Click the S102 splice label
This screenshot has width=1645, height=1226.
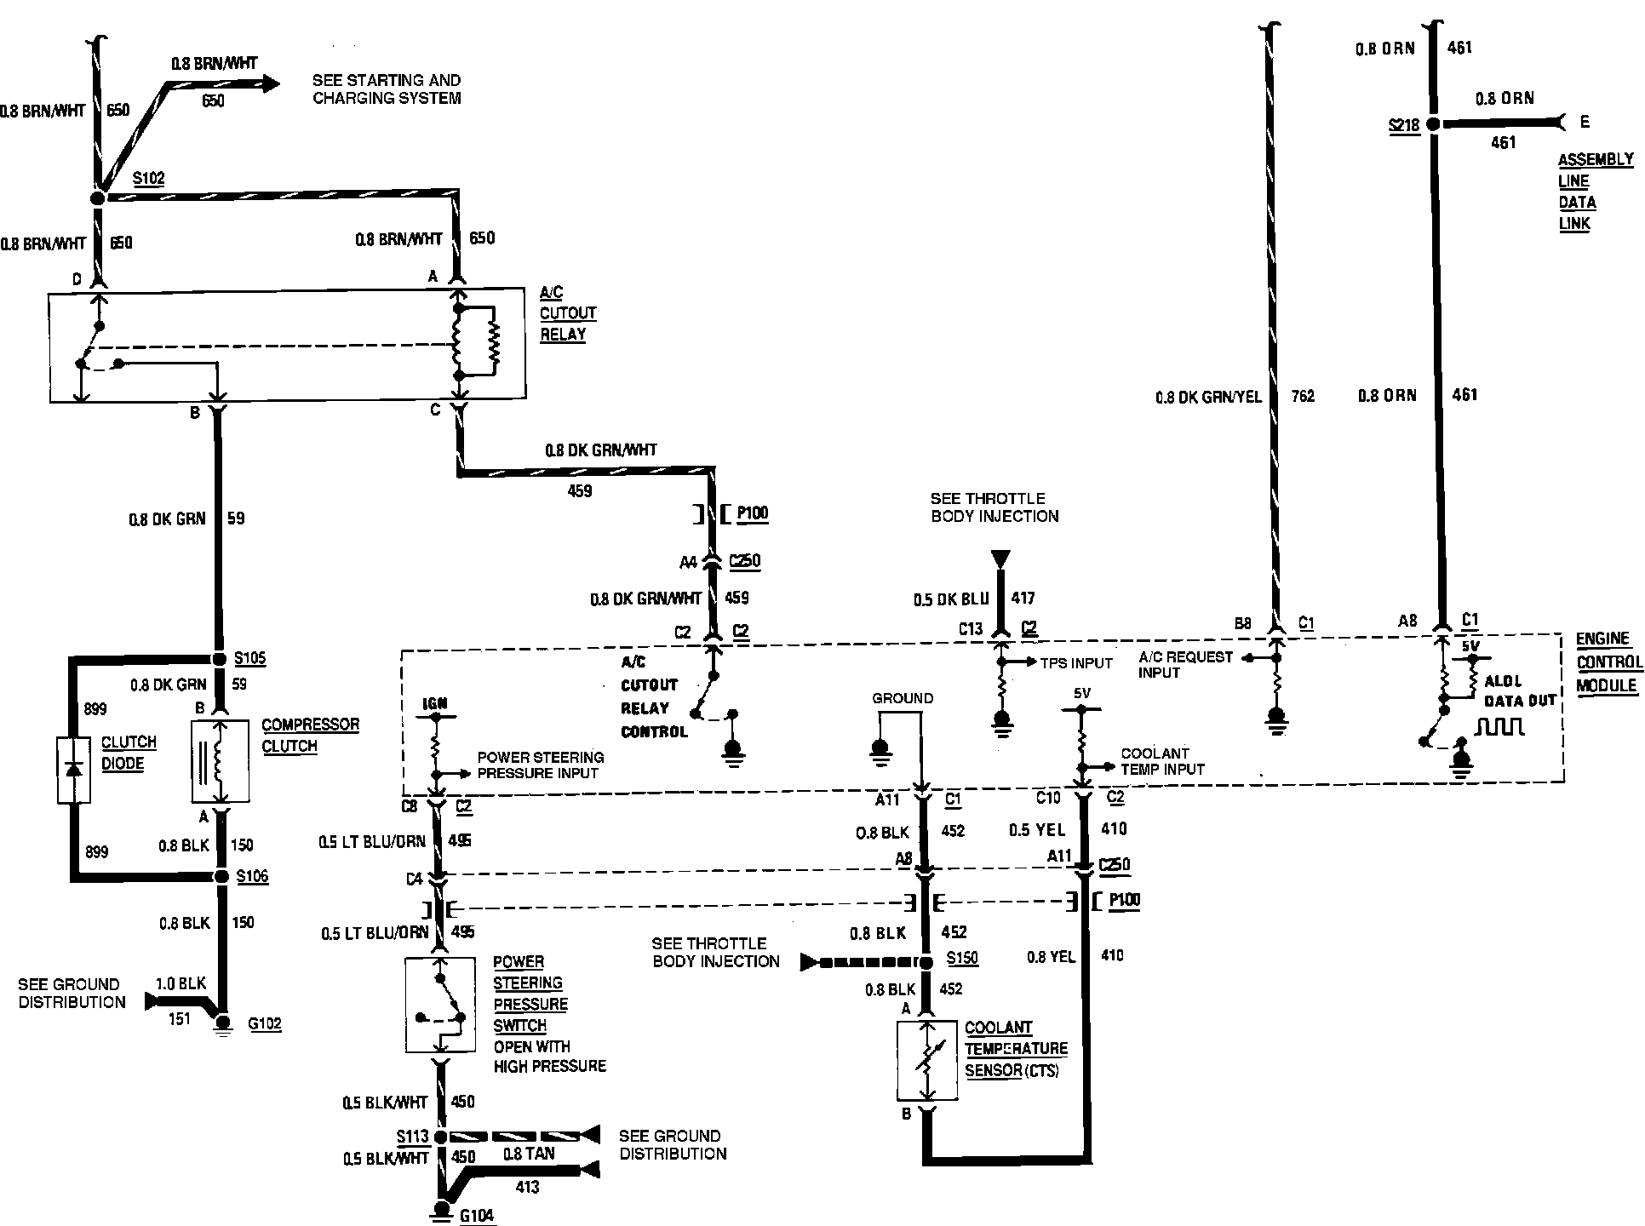point(149,180)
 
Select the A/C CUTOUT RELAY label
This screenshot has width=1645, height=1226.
point(567,313)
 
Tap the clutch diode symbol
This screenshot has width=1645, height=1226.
point(74,771)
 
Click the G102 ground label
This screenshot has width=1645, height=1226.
point(265,1024)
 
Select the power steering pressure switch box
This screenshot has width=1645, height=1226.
point(441,1005)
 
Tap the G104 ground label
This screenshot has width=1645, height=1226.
point(477,1216)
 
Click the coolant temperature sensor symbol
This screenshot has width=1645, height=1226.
point(927,1060)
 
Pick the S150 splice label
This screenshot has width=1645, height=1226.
point(962,959)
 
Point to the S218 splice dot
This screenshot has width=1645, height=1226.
point(1433,124)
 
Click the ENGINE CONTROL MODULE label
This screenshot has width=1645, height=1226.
point(1608,662)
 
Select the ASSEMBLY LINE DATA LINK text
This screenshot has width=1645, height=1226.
point(1583,192)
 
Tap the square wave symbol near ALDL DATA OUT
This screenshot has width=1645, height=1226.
point(1500,727)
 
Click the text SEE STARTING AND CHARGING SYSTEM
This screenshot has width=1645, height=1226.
point(387,89)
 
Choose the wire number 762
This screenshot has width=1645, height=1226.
point(1303,396)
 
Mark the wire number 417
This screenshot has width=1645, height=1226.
point(1023,599)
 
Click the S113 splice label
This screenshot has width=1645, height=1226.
point(413,1137)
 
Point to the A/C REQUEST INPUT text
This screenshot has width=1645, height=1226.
point(1185,665)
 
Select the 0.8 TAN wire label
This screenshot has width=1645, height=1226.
point(529,1154)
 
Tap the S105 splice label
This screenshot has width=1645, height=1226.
point(250,658)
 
